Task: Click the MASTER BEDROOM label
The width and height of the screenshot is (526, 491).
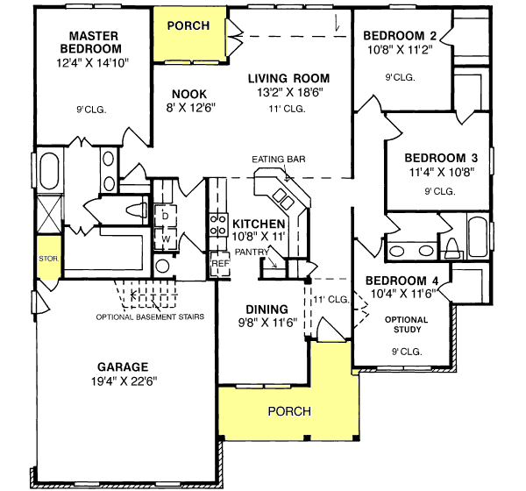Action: tap(91, 42)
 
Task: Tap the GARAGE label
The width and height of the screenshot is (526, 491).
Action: tap(123, 366)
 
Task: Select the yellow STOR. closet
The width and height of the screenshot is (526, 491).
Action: tap(49, 258)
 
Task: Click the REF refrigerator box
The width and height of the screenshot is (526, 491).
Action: tap(220, 264)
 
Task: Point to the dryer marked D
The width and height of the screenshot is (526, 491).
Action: tap(165, 216)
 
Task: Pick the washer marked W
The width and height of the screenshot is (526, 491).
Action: tap(166, 239)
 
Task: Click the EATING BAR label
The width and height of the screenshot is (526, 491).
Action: tap(279, 159)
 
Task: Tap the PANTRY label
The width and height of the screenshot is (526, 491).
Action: tap(252, 252)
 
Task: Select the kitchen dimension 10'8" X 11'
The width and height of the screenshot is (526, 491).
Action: tap(259, 237)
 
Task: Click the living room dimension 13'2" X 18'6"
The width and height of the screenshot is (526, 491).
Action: tap(289, 92)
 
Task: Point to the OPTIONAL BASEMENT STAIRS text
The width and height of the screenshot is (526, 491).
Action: tap(150, 317)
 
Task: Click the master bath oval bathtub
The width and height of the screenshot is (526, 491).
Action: tap(49, 171)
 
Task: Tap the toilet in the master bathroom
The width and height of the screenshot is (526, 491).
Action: tap(137, 210)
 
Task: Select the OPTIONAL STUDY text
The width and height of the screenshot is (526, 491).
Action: tap(407, 324)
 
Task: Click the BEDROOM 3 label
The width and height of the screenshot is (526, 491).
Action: tap(441, 158)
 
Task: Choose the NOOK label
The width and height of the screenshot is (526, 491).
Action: tap(189, 94)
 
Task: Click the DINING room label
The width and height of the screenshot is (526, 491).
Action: tap(267, 310)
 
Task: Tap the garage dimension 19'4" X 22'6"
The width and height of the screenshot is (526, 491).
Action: tap(124, 381)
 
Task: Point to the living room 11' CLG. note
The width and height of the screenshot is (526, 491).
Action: tap(287, 109)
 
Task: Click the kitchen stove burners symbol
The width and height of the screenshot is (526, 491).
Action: tap(218, 224)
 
